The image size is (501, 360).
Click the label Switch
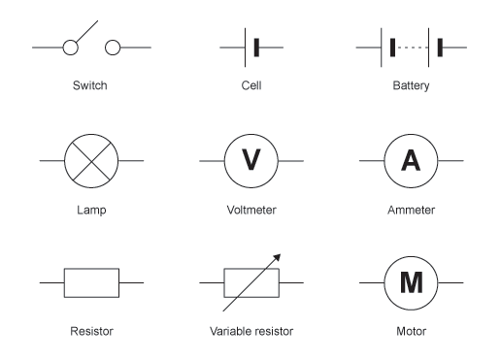tap(89, 85)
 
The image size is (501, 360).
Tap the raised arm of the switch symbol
tap(86, 31)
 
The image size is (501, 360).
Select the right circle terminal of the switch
tap(113, 48)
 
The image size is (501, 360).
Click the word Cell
tap(251, 85)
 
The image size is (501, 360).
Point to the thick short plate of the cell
tap(256, 48)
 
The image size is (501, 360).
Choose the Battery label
tap(411, 85)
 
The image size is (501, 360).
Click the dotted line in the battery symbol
tap(413, 48)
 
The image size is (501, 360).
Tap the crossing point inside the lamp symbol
tap(91, 161)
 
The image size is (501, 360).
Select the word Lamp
tap(91, 211)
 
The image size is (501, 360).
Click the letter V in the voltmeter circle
tap(251, 159)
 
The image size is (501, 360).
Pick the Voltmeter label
tap(251, 210)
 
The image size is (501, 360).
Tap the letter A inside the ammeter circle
tap(411, 160)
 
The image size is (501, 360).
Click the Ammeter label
tap(411, 210)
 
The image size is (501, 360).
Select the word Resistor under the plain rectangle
tap(91, 331)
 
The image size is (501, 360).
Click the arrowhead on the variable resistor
tap(277, 257)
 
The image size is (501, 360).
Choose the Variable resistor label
tap(251, 331)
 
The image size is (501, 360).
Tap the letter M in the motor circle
tap(411, 282)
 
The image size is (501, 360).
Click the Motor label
tap(411, 331)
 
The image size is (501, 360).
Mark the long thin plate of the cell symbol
tap(245, 48)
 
